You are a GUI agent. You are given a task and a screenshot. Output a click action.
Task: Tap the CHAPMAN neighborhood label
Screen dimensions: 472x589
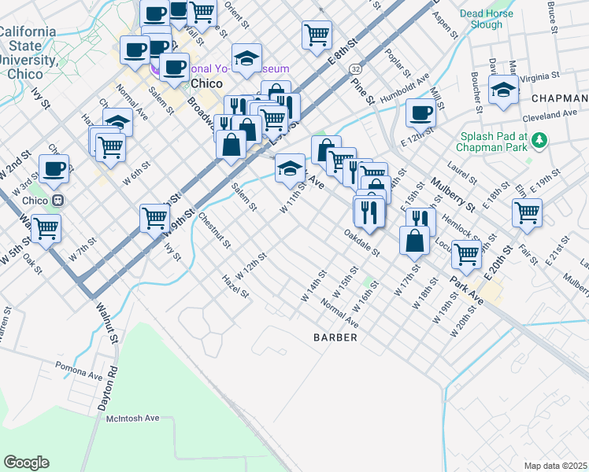[x=559, y=98]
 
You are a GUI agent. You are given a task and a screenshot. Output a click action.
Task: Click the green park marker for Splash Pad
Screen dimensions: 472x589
[x=539, y=141]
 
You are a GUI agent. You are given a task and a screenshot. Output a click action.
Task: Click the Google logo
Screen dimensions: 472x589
[x=25, y=463]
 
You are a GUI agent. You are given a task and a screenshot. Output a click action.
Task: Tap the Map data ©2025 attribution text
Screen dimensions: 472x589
[x=555, y=466]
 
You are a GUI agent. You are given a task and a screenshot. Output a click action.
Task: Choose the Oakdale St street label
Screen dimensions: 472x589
[x=362, y=243]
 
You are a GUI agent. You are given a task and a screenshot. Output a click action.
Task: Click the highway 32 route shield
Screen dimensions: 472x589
[x=355, y=70]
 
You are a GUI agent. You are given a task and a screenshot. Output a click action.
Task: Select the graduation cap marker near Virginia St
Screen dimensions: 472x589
[x=503, y=89]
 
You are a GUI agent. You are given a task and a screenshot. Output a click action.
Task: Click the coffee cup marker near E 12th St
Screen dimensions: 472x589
[x=420, y=113]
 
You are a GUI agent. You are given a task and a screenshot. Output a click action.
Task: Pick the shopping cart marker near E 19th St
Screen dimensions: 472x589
[x=527, y=212]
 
